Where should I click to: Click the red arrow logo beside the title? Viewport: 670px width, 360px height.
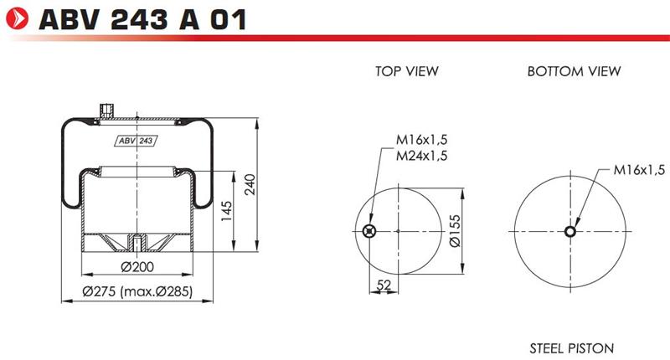17,18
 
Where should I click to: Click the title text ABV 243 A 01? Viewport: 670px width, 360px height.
142,19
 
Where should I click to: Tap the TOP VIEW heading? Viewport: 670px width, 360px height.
407,71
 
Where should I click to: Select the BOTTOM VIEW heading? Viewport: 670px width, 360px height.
574,71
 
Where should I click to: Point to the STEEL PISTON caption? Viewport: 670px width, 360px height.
572,348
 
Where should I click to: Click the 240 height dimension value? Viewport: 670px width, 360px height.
250,184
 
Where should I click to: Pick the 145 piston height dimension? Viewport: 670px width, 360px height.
226,211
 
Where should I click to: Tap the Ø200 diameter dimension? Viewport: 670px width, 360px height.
137,267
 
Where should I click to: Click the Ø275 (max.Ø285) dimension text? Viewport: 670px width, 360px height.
137,291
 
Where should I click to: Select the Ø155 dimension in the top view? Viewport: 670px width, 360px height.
456,231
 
